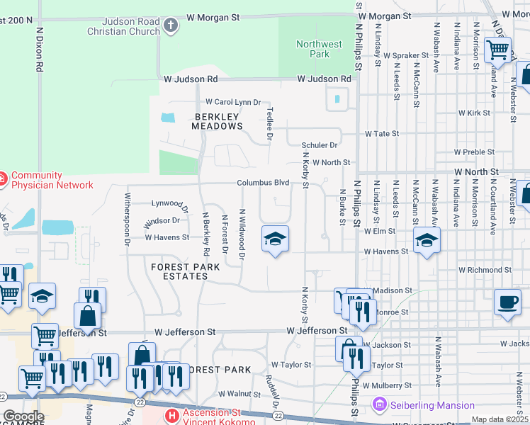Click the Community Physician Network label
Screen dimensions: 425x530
coord(52,180)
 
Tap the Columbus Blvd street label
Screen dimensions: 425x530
coord(263,183)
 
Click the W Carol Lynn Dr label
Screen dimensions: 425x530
coord(233,102)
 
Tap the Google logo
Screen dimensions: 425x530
coord(23,416)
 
